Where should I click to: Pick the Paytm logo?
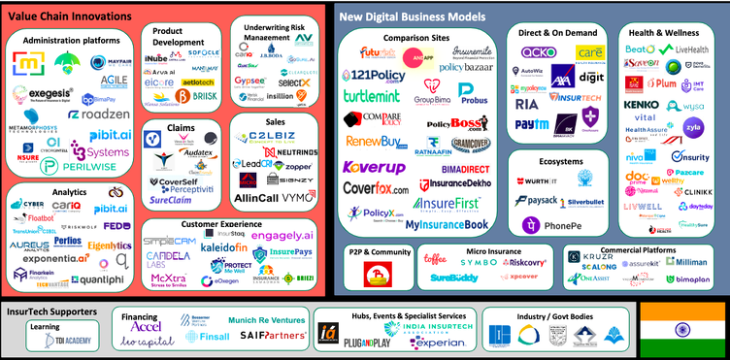tap(531, 125)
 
